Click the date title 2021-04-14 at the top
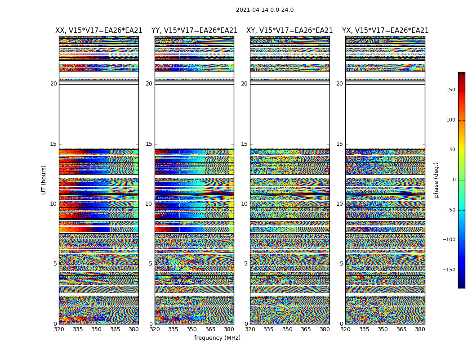click(x=265, y=10)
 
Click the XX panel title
click(x=99, y=31)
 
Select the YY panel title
click(x=194, y=31)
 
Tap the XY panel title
click(x=289, y=31)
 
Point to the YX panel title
click(x=385, y=31)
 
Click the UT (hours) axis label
click(x=44, y=180)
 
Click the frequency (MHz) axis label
click(x=217, y=338)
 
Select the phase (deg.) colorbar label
click(x=436, y=180)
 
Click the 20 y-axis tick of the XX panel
click(x=53, y=84)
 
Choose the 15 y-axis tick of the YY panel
click(x=149, y=144)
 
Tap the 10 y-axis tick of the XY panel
click(x=244, y=204)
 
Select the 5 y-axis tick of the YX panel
click(x=341, y=264)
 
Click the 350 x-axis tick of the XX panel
click(x=96, y=329)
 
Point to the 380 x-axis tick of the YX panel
click(x=420, y=329)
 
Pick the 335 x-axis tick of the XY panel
click(x=268, y=329)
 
